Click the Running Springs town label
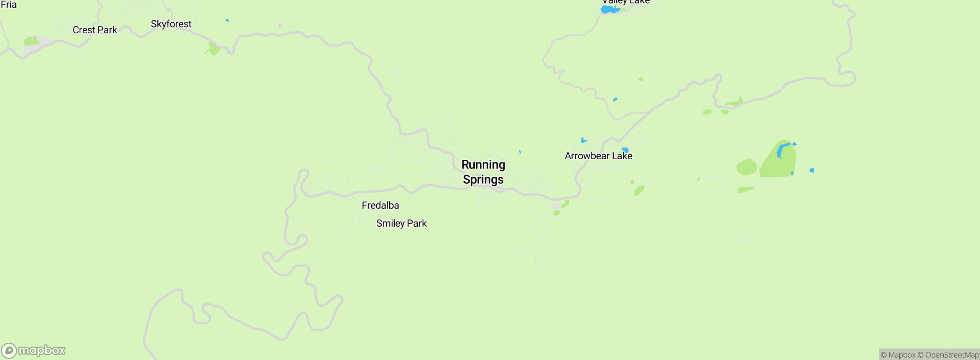[x=483, y=172]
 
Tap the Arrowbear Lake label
[x=598, y=156]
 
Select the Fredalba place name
[x=380, y=205]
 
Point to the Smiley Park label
[x=401, y=223]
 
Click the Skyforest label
[x=171, y=24]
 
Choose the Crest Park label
[x=95, y=30]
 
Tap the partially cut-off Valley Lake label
[x=626, y=2]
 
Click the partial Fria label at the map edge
[x=8, y=5]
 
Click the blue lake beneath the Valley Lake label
[x=609, y=9]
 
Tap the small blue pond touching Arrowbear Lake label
[x=625, y=150]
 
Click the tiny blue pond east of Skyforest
[x=227, y=20]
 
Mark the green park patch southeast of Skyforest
[x=212, y=49]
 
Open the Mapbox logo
[x=33, y=350]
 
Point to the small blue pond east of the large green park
[x=812, y=170]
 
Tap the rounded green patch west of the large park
[x=746, y=167]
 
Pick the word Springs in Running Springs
[x=483, y=180]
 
